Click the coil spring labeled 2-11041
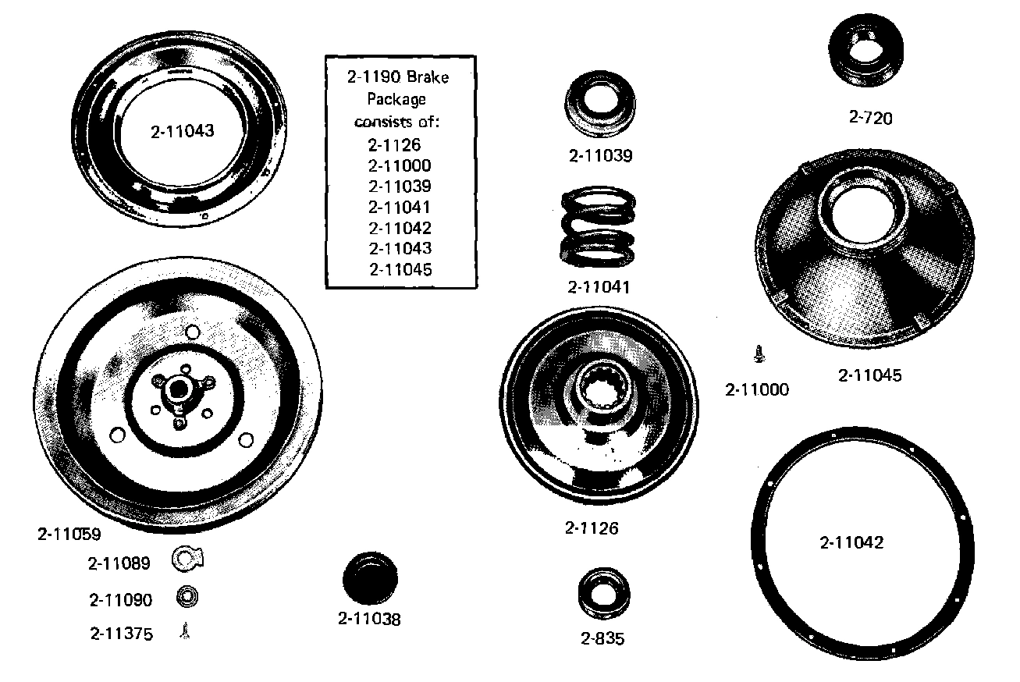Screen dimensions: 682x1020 click(599, 229)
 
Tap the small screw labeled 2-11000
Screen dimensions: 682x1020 click(758, 355)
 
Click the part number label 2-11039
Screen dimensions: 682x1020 click(600, 155)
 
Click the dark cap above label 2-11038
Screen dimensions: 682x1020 click(371, 578)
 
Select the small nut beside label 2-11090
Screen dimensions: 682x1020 click(186, 598)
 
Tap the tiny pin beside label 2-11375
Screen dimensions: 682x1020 click(185, 631)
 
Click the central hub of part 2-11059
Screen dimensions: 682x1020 click(177, 389)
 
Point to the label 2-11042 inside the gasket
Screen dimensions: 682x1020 click(851, 542)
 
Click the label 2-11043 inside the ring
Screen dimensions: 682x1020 click(182, 131)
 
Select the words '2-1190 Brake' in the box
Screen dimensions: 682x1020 click(399, 77)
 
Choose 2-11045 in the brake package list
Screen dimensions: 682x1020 click(400, 269)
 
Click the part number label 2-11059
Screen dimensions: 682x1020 click(69, 535)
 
